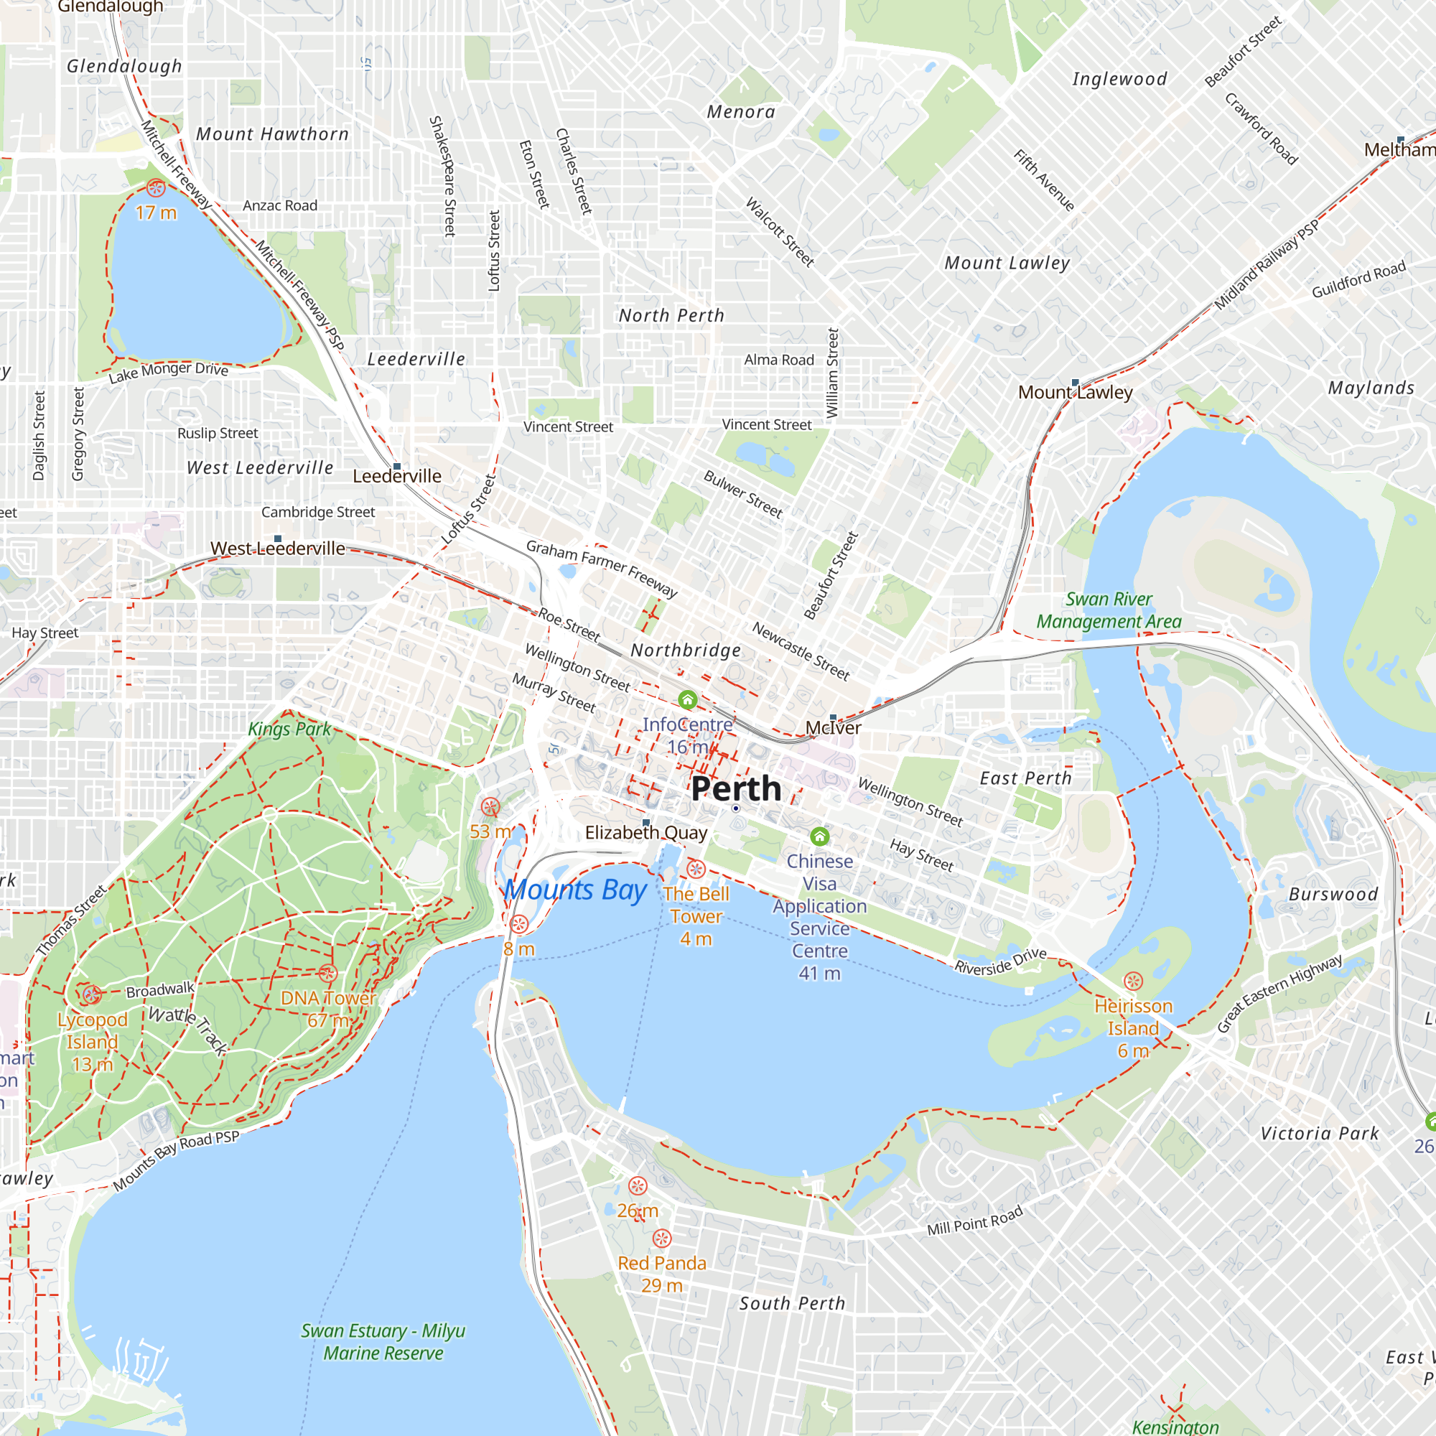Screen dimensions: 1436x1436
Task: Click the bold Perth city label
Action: click(x=736, y=788)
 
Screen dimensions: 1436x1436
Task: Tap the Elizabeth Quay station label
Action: click(x=646, y=832)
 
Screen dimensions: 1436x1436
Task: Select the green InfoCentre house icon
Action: click(x=688, y=699)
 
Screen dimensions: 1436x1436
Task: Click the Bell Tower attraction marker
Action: click(x=696, y=868)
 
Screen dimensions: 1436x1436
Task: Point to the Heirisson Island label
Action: click(x=1133, y=1017)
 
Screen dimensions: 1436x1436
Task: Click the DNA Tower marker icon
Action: click(x=328, y=973)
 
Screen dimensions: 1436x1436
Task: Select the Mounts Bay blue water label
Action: click(x=575, y=890)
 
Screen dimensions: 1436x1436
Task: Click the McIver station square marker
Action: click(x=833, y=718)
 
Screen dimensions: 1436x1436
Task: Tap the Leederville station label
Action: click(x=397, y=477)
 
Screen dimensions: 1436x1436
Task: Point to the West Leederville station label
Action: click(x=277, y=549)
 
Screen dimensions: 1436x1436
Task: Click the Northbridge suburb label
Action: click(x=685, y=651)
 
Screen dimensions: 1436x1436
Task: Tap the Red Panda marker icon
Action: click(x=661, y=1239)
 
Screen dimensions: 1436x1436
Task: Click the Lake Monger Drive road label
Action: click(x=169, y=372)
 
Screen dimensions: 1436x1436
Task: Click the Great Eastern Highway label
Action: click(x=1279, y=993)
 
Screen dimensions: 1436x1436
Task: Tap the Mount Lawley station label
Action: click(x=1075, y=393)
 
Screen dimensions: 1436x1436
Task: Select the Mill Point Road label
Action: click(x=974, y=1221)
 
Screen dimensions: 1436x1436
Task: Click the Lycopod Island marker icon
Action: click(x=91, y=994)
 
